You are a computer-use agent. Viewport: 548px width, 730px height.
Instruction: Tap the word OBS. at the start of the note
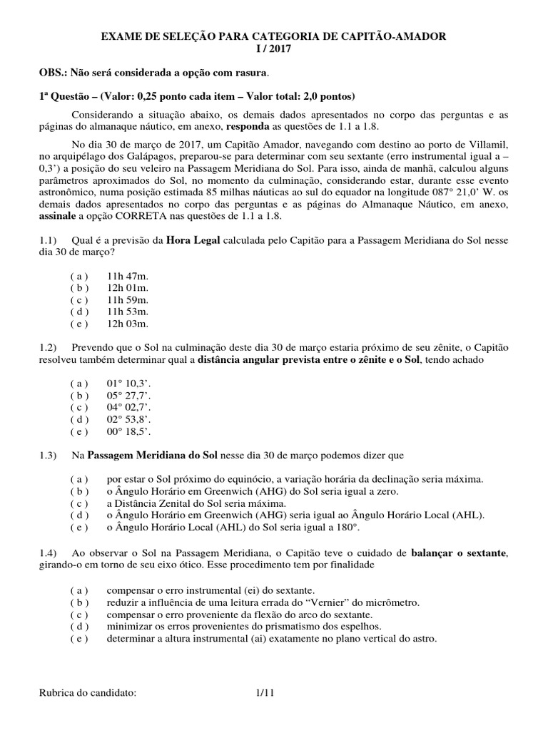53,73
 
